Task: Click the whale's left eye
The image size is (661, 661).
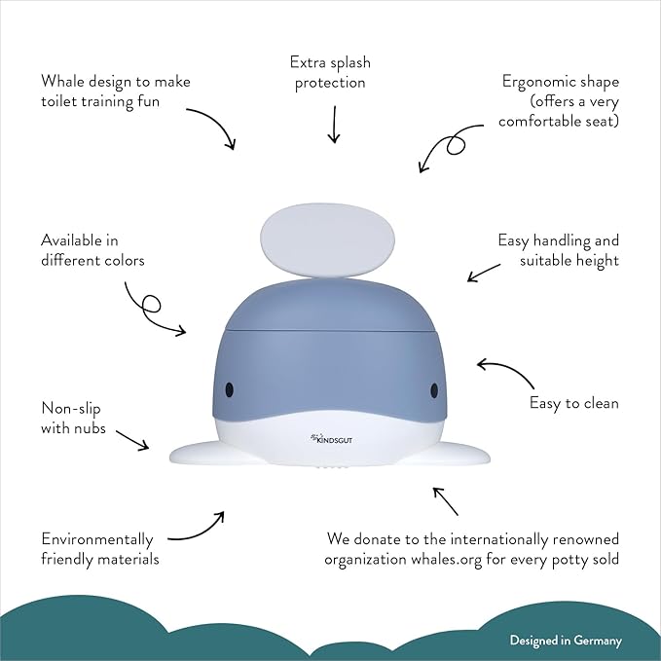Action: coord(230,388)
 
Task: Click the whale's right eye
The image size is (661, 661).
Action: coord(434,389)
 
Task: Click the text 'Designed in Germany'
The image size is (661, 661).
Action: coord(566,641)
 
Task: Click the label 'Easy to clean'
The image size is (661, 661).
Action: coord(573,403)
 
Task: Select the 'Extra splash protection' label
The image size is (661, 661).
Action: coord(330,73)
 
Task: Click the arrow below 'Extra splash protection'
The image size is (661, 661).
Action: coord(334,124)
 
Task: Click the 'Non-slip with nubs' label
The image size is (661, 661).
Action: coord(74,418)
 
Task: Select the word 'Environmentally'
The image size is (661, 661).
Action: coord(97,538)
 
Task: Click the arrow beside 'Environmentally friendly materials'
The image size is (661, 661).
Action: coord(198,527)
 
